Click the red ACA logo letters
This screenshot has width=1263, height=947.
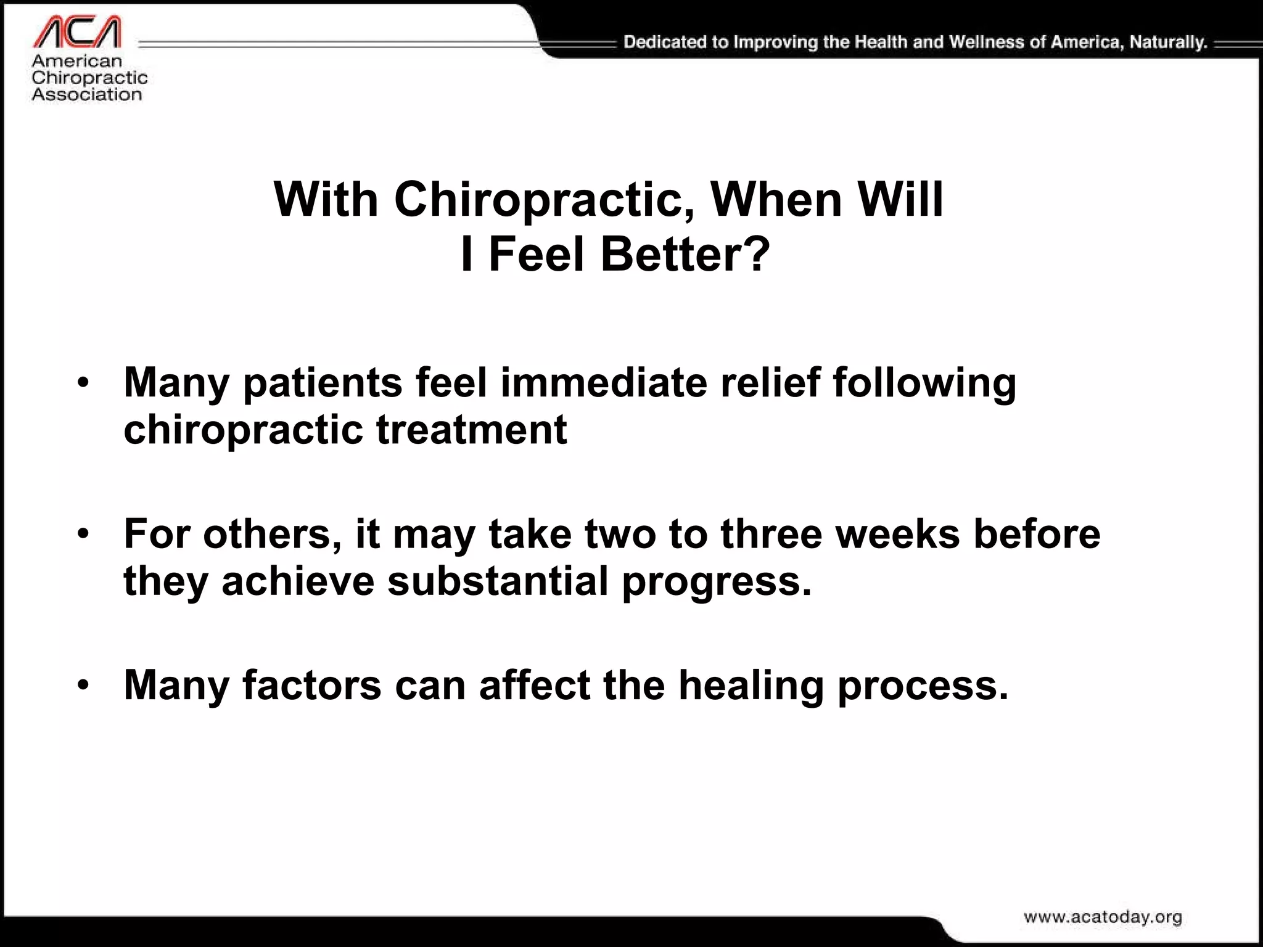[76, 32]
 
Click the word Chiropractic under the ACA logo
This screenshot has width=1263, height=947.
[89, 78]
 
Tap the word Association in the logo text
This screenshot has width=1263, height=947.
[86, 94]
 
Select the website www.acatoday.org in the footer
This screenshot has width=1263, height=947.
[1103, 917]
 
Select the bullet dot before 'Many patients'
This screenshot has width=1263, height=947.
[83, 383]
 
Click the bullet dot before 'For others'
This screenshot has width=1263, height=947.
[83, 535]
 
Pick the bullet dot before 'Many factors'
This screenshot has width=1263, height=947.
[83, 686]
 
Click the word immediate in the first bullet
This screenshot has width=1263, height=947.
[603, 382]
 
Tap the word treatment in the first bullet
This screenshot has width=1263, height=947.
[471, 430]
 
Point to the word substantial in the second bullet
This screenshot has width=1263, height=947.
[498, 581]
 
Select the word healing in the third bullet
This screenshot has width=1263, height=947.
[751, 686]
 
